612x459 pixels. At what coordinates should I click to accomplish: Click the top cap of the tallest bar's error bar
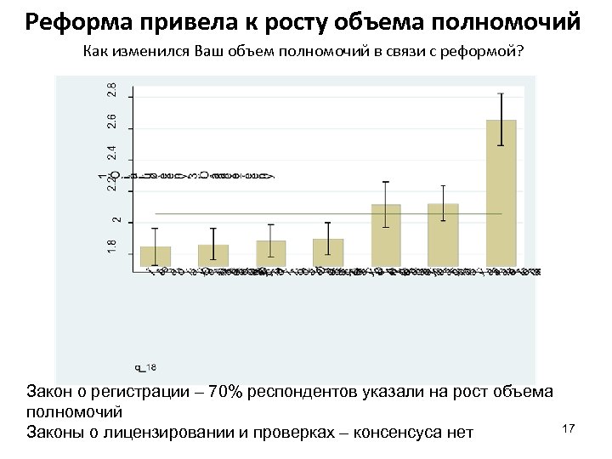click(x=501, y=93)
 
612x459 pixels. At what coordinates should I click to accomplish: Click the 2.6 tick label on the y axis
click(x=112, y=122)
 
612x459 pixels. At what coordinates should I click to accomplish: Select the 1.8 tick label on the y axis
click(x=112, y=246)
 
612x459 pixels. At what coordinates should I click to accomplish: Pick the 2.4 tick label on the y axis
click(x=112, y=153)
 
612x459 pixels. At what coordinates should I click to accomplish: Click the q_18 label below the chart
click(x=145, y=366)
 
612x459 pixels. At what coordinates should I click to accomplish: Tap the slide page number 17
click(x=569, y=429)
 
